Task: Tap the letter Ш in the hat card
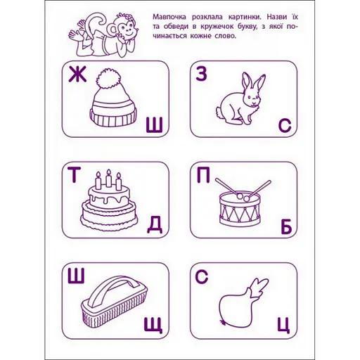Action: coord(154,126)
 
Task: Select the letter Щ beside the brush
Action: coord(154,325)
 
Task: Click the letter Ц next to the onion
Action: coord(284,325)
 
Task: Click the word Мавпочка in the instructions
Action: coord(171,15)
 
